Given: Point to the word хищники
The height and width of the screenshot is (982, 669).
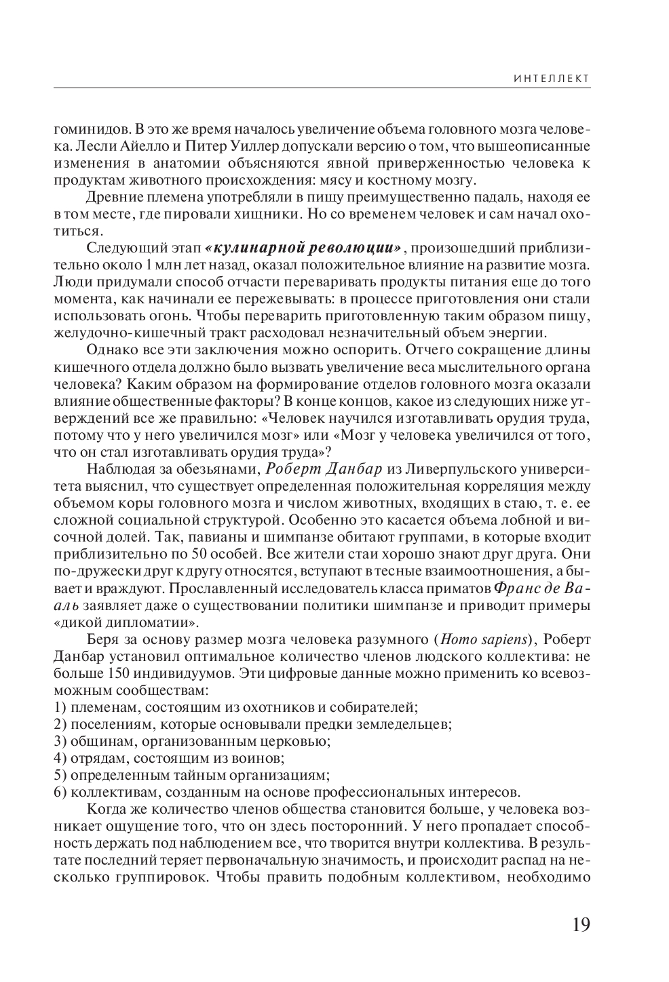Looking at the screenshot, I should [x=263, y=214].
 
